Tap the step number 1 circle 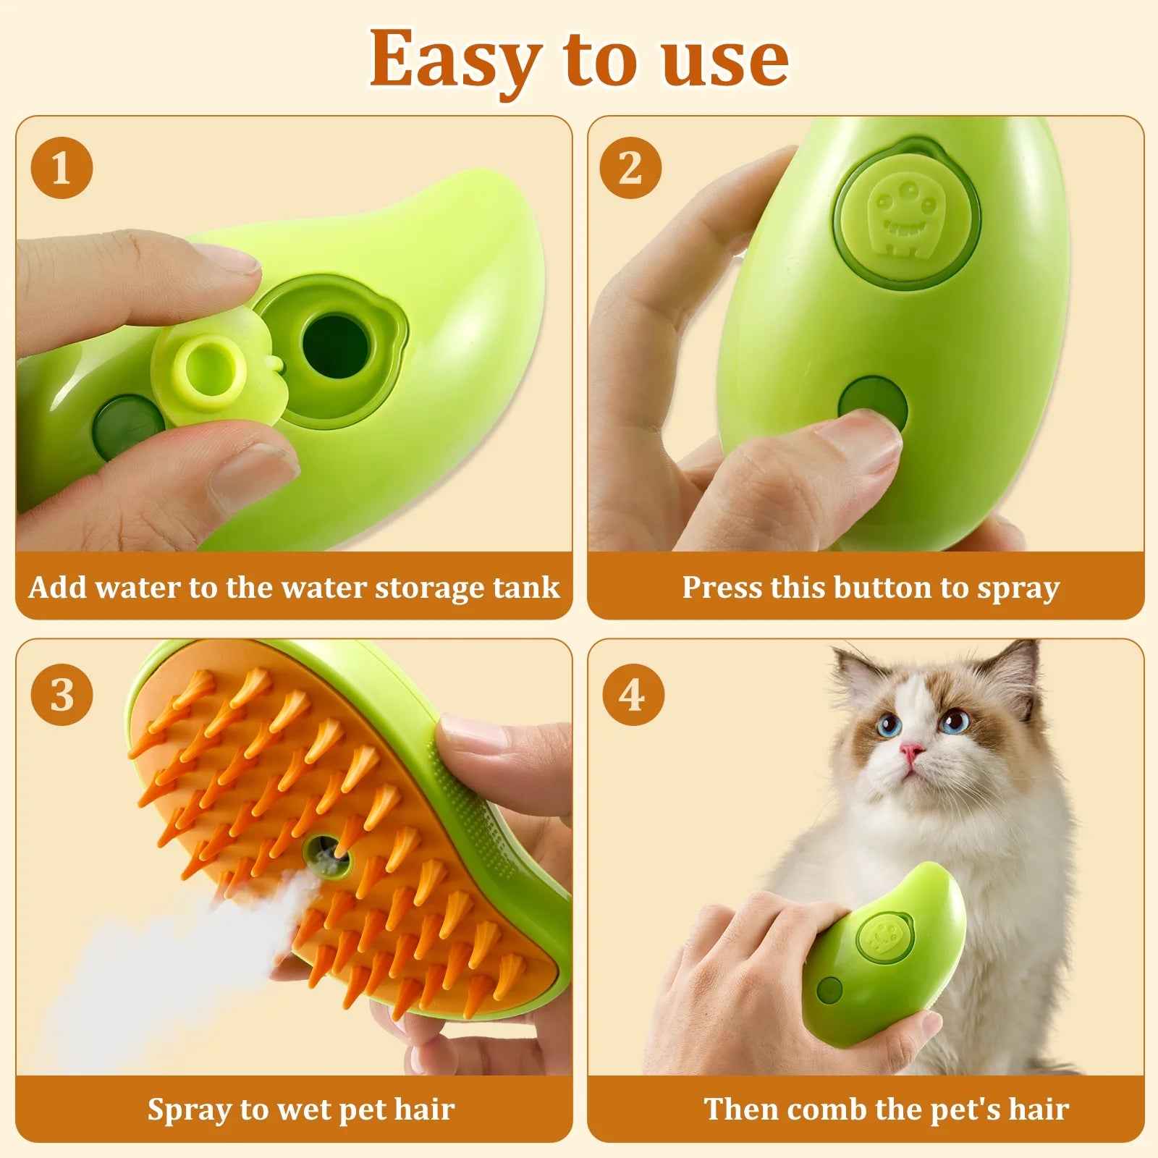(62, 168)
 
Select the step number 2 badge (630, 168)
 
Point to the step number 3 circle (62, 695)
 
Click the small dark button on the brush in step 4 (829, 989)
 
